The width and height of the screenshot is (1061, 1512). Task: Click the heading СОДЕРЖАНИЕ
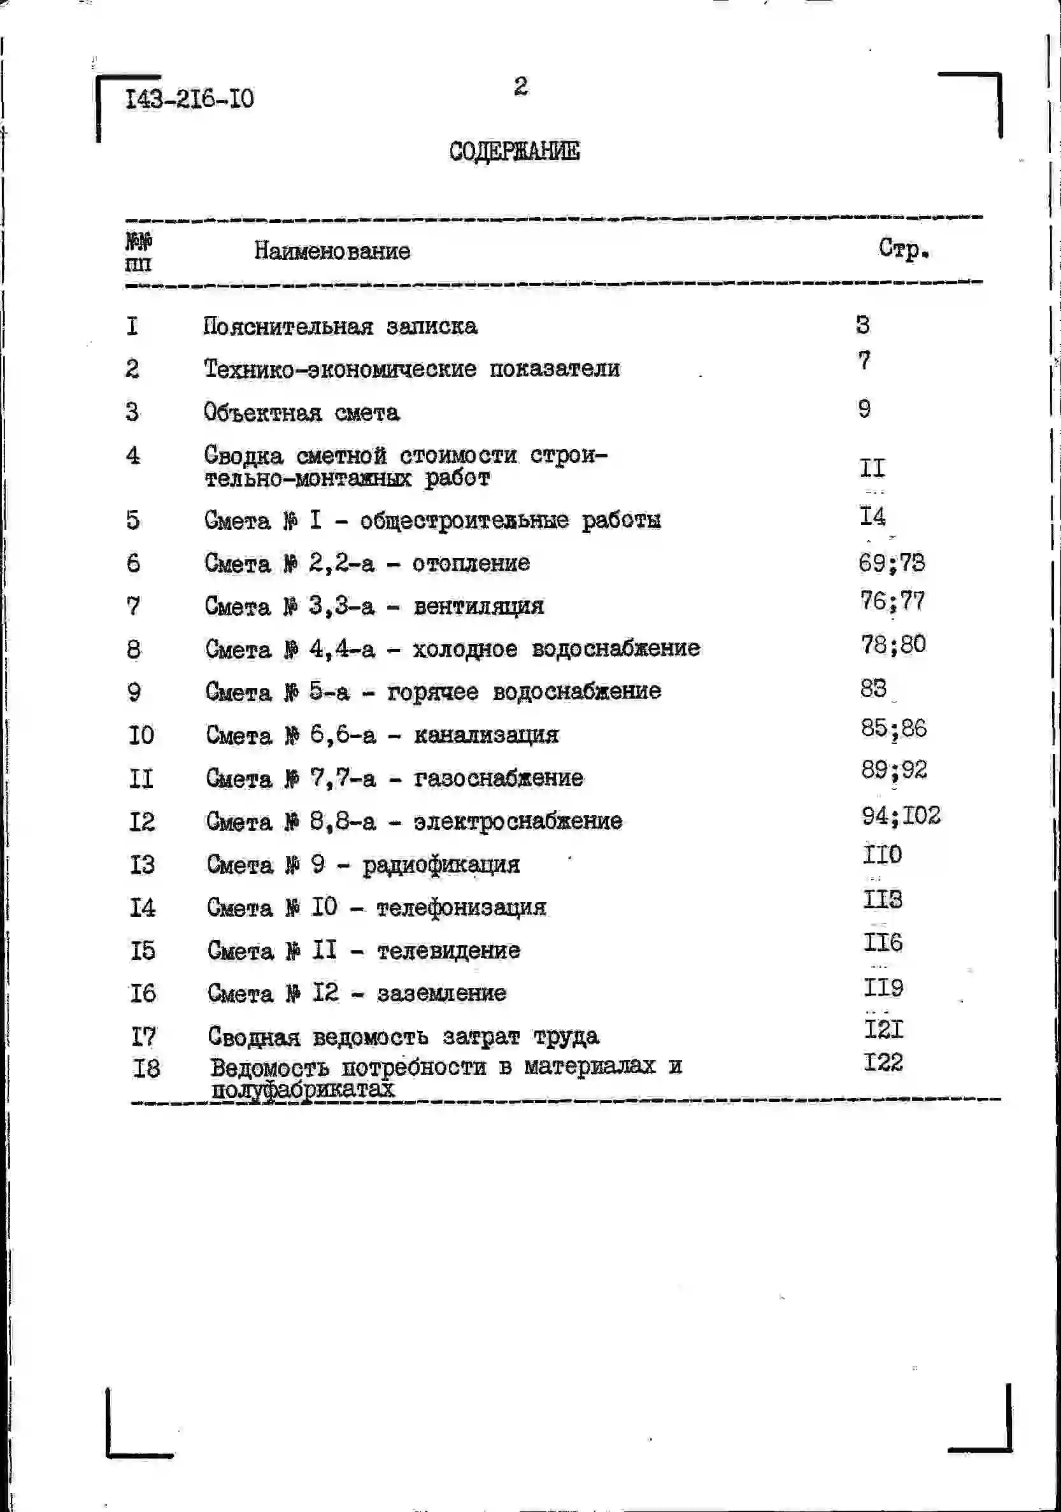click(515, 151)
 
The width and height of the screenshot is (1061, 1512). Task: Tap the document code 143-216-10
click(190, 99)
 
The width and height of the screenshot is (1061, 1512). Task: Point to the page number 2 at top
click(521, 86)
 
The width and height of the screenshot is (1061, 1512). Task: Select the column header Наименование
click(332, 251)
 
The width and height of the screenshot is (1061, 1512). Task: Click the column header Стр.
click(904, 249)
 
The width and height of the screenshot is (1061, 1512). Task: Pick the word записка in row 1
click(432, 327)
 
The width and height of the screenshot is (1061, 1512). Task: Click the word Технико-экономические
click(340, 369)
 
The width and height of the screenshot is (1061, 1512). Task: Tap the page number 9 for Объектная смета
click(864, 409)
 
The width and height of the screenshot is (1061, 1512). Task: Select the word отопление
click(471, 563)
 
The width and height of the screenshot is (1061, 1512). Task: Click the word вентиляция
click(479, 606)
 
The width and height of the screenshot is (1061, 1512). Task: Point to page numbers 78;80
click(893, 644)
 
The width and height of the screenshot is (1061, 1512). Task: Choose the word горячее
click(432, 692)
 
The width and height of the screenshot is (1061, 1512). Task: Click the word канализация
click(486, 735)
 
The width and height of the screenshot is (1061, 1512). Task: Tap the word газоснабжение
click(499, 778)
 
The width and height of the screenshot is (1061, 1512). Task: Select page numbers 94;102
click(901, 816)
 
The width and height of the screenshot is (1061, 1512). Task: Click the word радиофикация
click(441, 866)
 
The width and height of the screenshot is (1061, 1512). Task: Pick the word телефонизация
click(461, 908)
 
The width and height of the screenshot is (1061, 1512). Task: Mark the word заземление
click(441, 993)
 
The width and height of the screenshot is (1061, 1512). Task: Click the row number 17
click(143, 1036)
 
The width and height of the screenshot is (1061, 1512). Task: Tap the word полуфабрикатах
click(303, 1089)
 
